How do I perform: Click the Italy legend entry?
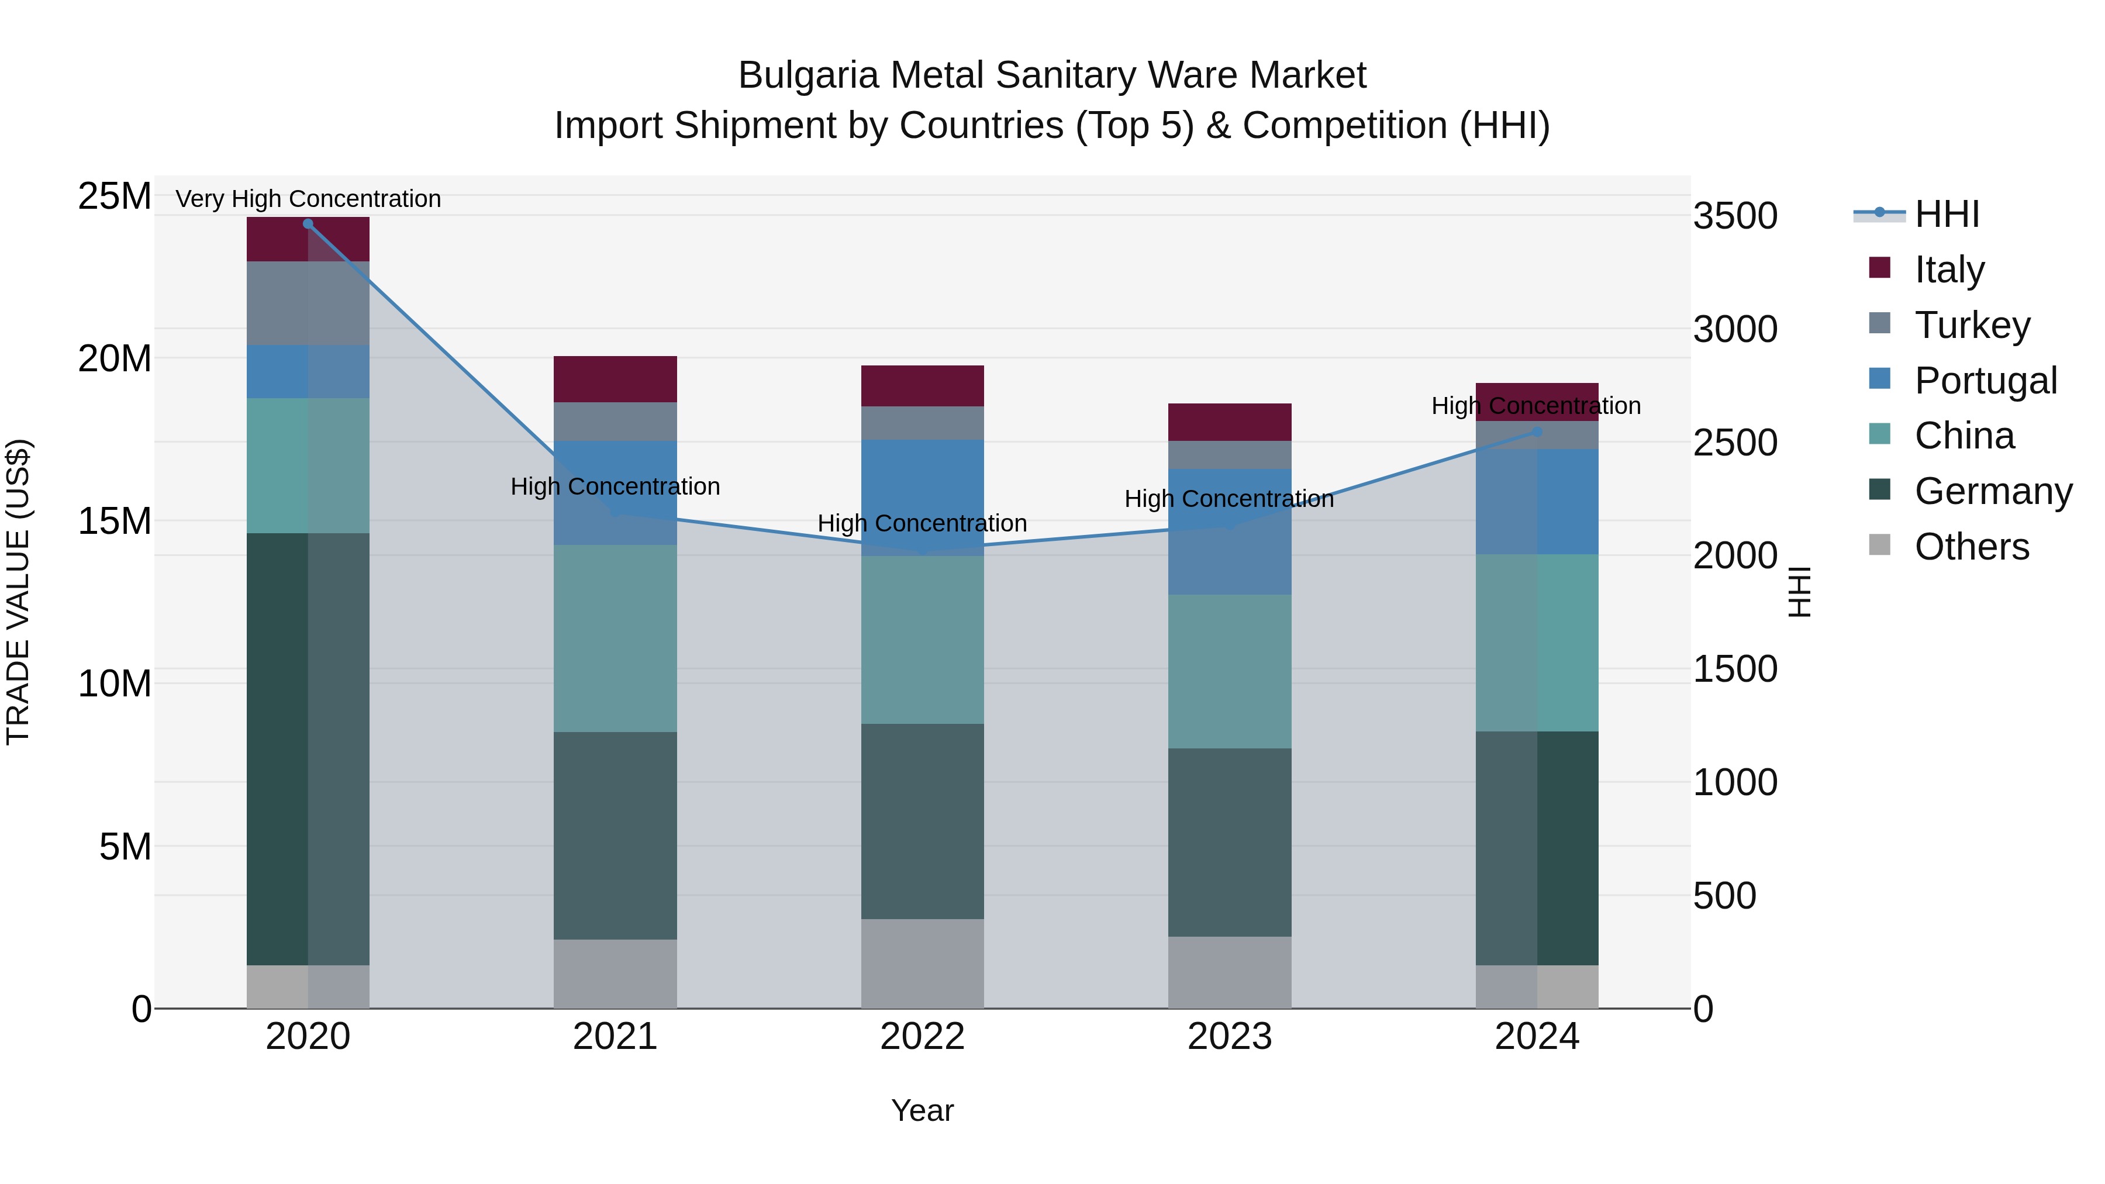coord(1949,270)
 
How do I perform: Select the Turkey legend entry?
coord(1971,325)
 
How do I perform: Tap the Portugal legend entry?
coord(1984,381)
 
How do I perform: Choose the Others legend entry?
coord(1971,547)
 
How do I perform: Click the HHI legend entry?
coord(1945,214)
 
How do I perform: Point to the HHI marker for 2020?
coord(308,224)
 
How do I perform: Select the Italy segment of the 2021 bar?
coord(615,379)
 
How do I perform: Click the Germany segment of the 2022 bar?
coord(923,821)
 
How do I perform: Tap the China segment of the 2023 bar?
coord(1230,672)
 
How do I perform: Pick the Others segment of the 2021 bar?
coord(615,974)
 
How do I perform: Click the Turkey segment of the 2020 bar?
coord(308,303)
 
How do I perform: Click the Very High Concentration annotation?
coord(308,199)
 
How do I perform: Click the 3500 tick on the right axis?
coord(1735,216)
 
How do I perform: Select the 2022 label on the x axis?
coord(923,1037)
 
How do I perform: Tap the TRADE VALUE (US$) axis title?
coord(18,592)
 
